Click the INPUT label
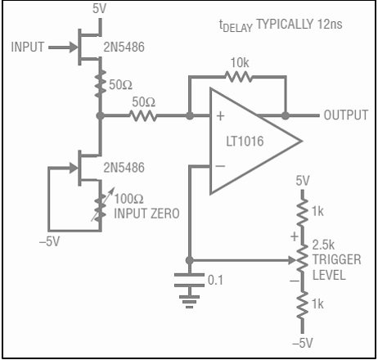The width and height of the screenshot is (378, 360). point(27,47)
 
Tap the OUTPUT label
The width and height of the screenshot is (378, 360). point(346,115)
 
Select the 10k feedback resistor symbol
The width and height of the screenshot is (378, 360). point(239,77)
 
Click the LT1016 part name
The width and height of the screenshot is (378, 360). point(245,142)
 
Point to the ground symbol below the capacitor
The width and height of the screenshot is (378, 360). point(189,302)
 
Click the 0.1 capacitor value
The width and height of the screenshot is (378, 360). point(215,280)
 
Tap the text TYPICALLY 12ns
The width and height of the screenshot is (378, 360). point(299,24)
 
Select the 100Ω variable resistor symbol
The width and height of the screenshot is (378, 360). point(101,208)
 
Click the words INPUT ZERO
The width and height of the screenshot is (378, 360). point(146,214)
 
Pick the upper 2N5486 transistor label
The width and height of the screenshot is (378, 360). point(124,47)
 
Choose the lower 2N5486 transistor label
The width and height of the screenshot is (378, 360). point(124,168)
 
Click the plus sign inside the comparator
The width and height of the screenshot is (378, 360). point(220,116)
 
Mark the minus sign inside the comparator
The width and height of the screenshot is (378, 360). point(220,166)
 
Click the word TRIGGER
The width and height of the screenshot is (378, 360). point(337,259)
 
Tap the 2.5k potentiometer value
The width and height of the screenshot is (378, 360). point(323,245)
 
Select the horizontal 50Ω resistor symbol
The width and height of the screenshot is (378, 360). point(143,115)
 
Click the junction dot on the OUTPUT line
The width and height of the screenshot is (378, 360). point(286,115)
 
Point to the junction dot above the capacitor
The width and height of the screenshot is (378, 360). point(190,260)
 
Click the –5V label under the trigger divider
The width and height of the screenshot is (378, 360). point(303,343)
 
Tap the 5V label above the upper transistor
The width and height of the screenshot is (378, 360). point(99,8)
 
